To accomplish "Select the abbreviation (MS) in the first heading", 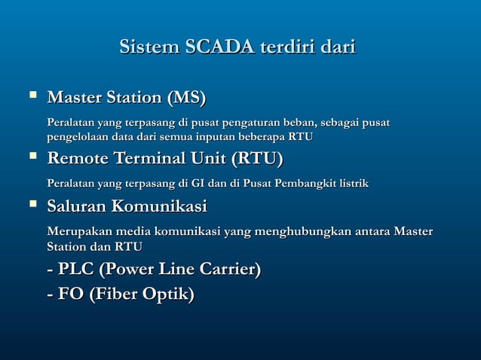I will click(x=186, y=98).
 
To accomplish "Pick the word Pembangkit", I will click(x=311, y=183).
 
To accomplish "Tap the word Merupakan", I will click(x=78, y=230).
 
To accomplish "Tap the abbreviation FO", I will click(x=71, y=294).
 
